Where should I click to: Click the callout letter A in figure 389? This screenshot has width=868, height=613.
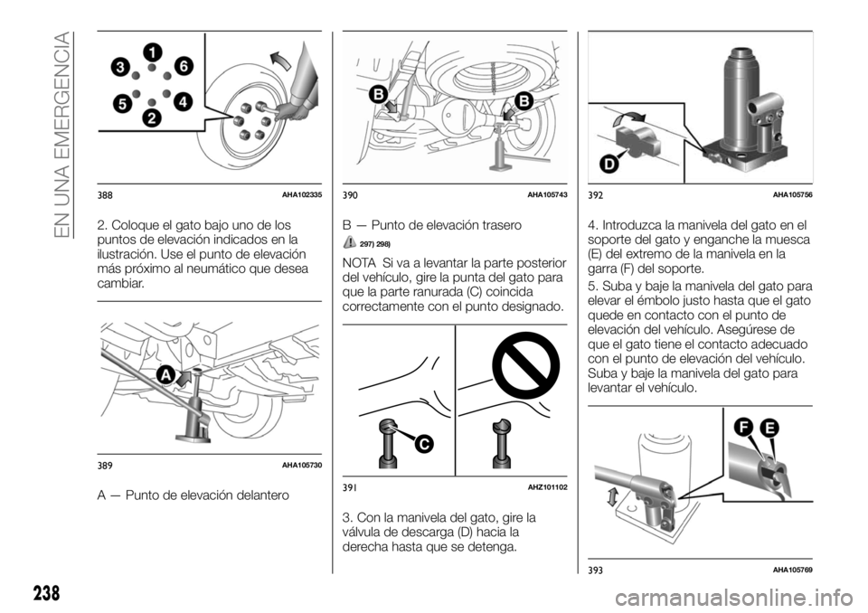(x=166, y=373)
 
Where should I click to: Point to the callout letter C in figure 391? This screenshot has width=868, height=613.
(x=421, y=443)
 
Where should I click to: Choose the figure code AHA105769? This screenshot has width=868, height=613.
(x=792, y=568)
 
